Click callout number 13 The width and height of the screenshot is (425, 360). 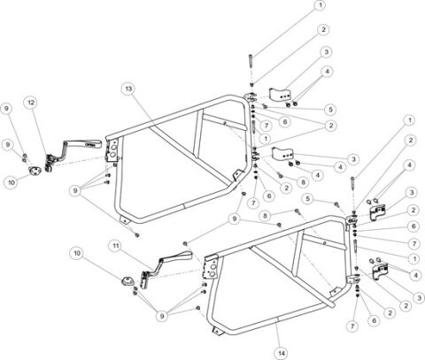click(x=129, y=88)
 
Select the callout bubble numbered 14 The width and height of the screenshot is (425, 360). click(x=282, y=353)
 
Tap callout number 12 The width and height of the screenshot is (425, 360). click(x=31, y=103)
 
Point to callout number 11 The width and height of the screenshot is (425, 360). click(x=117, y=246)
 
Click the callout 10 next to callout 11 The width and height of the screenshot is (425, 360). click(x=77, y=253)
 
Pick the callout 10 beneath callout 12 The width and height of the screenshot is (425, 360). click(x=11, y=182)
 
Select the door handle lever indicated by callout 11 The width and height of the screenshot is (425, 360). click(x=166, y=267)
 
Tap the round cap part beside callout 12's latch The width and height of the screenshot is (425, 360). click(x=35, y=171)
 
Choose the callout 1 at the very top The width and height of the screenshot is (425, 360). click(x=320, y=5)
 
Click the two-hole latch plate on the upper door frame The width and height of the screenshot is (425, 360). click(x=113, y=150)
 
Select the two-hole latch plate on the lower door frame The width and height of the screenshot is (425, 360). click(x=212, y=267)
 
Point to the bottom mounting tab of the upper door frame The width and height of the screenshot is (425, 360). click(x=125, y=219)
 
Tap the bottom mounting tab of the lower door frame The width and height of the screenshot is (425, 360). click(x=218, y=332)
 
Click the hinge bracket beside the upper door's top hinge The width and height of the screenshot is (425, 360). click(x=280, y=94)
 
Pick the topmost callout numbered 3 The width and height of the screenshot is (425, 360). click(x=326, y=52)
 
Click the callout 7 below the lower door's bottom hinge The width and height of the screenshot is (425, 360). click(x=352, y=326)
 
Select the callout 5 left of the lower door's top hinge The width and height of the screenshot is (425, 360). click(x=308, y=199)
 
